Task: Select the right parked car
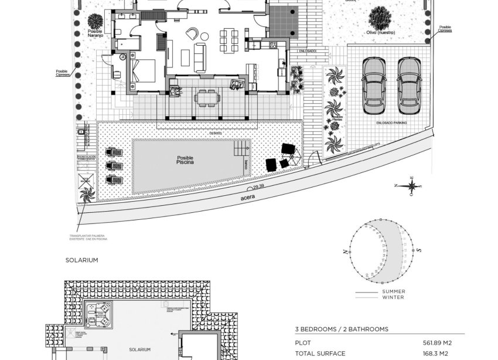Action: pos(408,85)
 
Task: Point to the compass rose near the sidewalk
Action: pos(413,186)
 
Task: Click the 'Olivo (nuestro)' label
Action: pos(381,33)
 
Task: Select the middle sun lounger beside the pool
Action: pos(115,165)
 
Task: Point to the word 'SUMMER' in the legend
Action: pos(393,291)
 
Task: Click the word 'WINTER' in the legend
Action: pos(392,297)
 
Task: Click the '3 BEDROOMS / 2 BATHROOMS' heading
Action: pos(341,330)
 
